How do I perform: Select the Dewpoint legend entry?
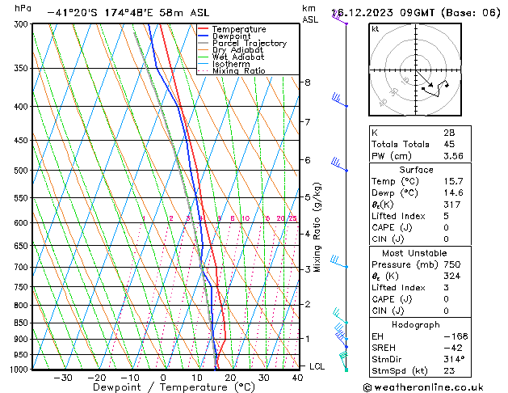(234, 36)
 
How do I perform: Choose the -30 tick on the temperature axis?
(62, 377)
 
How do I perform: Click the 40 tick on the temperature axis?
(298, 377)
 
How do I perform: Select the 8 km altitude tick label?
(307, 82)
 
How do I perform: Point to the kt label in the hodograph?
(376, 29)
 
